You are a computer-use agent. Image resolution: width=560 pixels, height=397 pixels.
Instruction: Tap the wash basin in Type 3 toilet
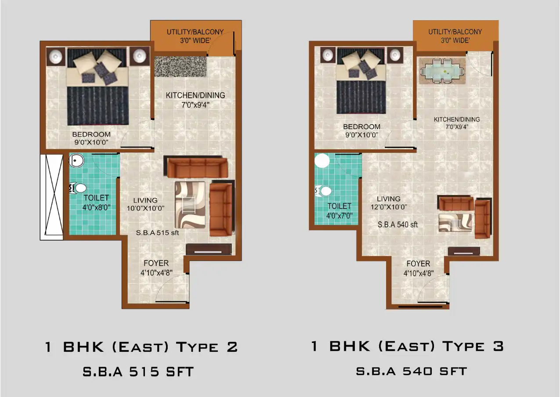(x=322, y=161)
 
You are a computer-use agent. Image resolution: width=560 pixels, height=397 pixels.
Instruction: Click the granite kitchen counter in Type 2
(x=181, y=67)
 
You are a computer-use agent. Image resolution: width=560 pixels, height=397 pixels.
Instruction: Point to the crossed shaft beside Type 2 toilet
(x=51, y=196)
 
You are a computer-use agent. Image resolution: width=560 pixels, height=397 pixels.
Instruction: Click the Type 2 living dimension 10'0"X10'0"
(x=145, y=209)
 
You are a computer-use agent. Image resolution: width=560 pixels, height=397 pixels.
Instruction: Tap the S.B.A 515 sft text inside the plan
(x=157, y=233)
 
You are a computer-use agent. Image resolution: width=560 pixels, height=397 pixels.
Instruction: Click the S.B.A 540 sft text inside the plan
(x=397, y=224)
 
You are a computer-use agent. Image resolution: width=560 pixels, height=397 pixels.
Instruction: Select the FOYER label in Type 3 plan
(x=418, y=264)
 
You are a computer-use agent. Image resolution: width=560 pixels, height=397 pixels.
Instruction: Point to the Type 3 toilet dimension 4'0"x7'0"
(x=339, y=215)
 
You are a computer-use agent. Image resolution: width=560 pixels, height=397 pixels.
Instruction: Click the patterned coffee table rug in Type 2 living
(x=190, y=204)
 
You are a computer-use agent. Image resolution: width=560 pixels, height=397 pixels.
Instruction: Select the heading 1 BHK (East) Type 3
(x=407, y=346)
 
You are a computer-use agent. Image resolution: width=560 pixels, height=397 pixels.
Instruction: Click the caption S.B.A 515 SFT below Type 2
(x=138, y=372)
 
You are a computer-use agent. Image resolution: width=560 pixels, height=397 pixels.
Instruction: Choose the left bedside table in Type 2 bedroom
(x=56, y=57)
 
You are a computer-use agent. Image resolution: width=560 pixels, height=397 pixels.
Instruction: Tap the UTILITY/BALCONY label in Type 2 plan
(x=195, y=32)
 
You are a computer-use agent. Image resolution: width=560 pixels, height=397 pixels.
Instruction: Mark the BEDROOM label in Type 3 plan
(x=361, y=127)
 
